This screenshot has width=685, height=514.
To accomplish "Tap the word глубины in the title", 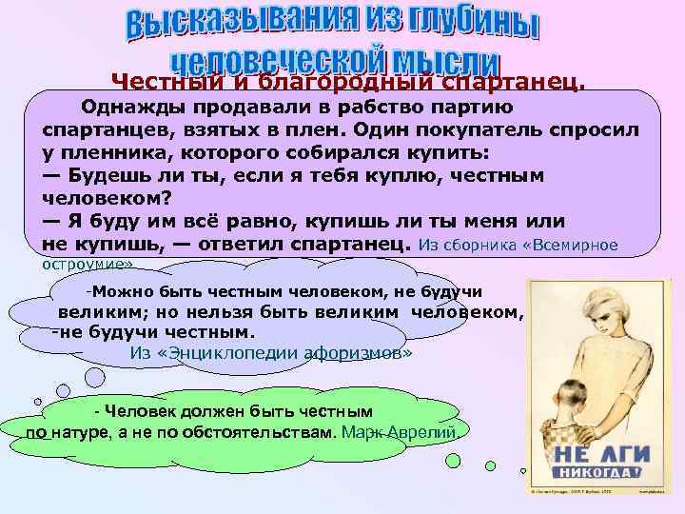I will click(x=465, y=26).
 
